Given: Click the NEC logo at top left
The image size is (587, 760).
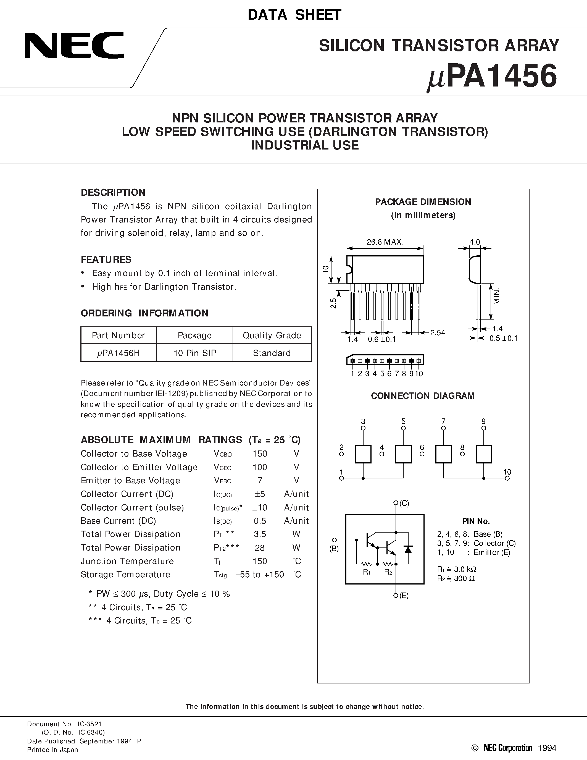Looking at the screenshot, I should (74, 45).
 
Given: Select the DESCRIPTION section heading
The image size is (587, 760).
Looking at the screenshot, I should (113, 192).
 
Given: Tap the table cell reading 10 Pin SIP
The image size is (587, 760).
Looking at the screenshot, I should (195, 353).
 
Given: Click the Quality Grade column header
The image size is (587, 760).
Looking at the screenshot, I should (272, 335).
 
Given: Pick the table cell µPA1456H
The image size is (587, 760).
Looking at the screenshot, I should (118, 353).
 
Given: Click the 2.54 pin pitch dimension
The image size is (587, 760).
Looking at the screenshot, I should (438, 333).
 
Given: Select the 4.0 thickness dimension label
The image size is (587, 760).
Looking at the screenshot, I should (475, 242).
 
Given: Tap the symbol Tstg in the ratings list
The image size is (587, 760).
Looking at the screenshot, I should (220, 575).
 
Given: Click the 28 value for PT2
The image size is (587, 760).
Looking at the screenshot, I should (260, 548).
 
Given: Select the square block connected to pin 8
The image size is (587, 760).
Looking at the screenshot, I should (484, 454).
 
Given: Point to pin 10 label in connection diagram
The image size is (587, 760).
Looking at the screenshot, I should (507, 472).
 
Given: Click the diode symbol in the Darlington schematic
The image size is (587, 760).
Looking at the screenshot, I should (408, 549).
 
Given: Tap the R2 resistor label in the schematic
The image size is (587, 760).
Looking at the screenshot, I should (388, 572).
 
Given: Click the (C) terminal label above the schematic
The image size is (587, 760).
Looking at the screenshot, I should (404, 503).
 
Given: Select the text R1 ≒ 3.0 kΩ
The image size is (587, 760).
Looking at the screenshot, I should (457, 569).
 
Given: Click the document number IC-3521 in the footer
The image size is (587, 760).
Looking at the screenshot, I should (90, 724).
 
